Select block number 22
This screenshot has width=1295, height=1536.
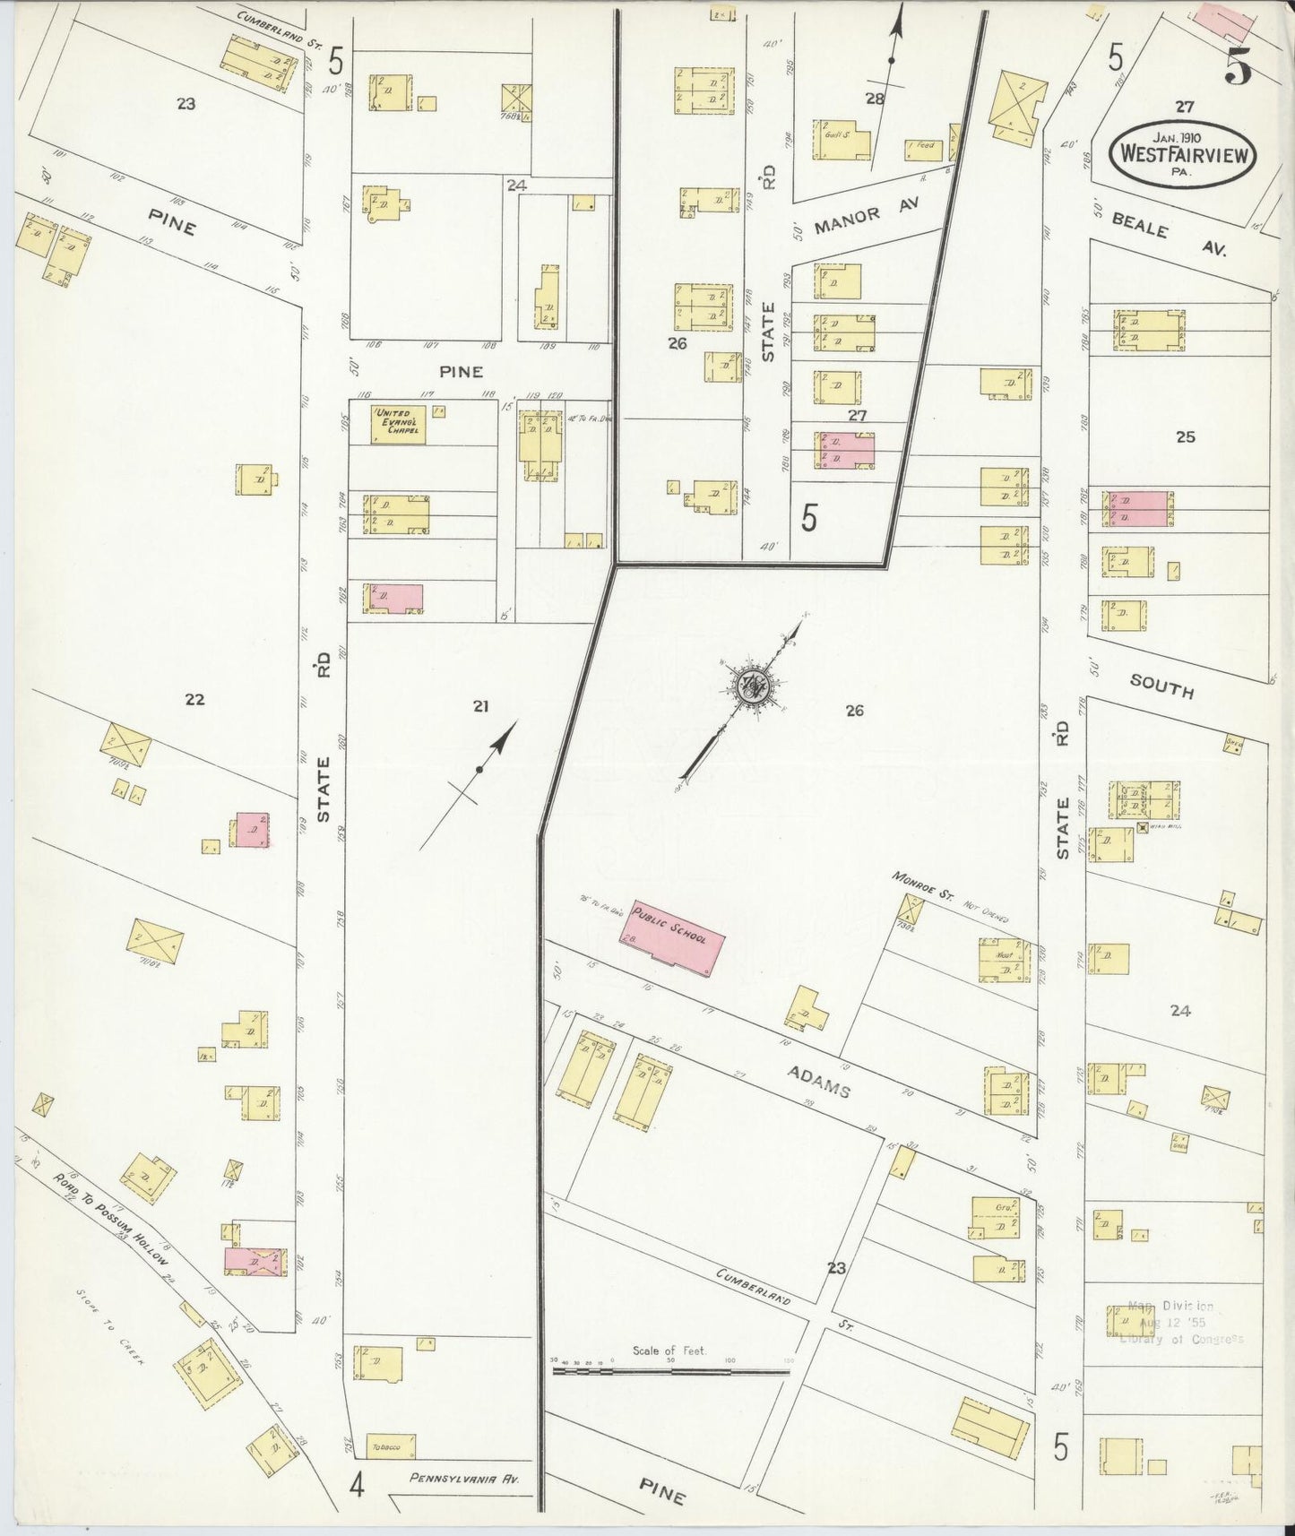click(194, 700)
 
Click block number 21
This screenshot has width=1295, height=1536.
click(480, 707)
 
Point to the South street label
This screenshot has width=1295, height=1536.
click(1161, 686)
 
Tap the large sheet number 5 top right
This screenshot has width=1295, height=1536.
click(1239, 68)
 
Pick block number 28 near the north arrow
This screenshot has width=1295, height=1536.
click(875, 99)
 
